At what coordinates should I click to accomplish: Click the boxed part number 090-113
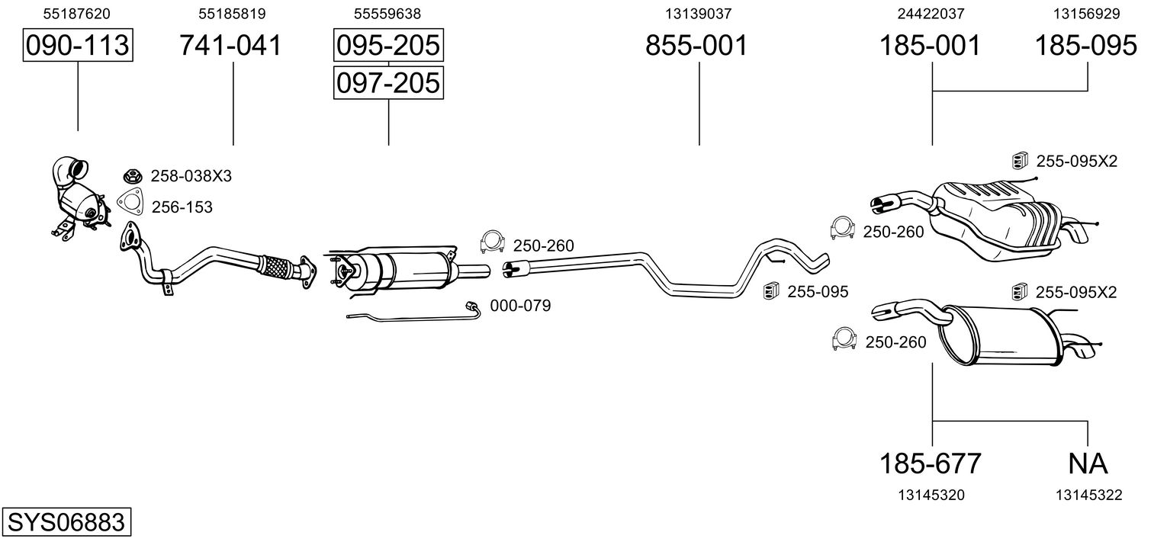[78, 45]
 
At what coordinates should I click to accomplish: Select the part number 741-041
[231, 45]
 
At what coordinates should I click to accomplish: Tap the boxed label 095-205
[388, 45]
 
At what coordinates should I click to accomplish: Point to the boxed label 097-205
[388, 83]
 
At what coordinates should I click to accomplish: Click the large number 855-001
[696, 45]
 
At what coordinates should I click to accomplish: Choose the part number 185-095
[1085, 45]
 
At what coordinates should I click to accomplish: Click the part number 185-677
[931, 463]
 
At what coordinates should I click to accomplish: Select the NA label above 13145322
[1088, 463]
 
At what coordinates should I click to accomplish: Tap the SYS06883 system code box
[66, 521]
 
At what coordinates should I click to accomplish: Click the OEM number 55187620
[76, 14]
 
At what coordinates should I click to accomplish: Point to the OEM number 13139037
[698, 14]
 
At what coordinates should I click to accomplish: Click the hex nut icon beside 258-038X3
[133, 176]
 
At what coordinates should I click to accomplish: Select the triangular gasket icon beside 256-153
[130, 203]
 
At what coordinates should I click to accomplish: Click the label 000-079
[520, 306]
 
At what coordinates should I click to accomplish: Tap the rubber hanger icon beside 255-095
[770, 291]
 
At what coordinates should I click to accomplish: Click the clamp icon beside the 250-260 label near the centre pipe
[492, 242]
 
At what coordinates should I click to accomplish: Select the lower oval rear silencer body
[1000, 336]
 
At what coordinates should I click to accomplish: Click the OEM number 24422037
[931, 14]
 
